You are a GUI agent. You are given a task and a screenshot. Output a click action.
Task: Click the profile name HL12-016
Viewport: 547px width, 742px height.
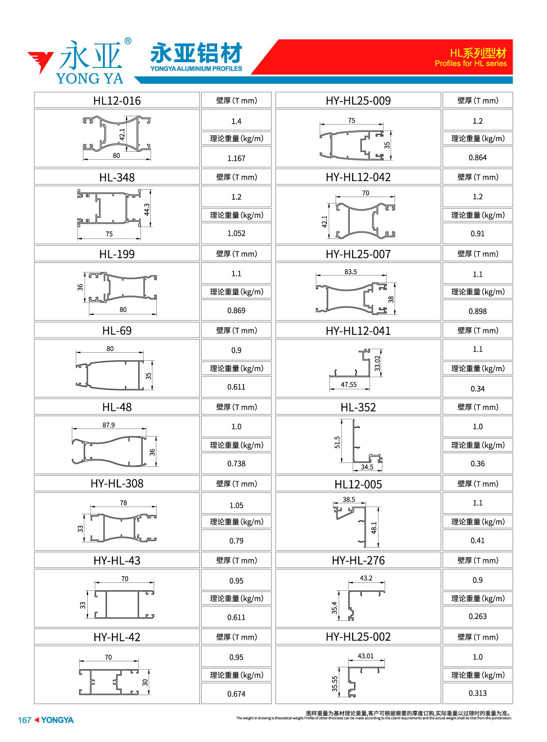[x=117, y=101]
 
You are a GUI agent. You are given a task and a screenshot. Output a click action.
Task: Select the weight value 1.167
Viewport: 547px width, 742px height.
[x=236, y=158]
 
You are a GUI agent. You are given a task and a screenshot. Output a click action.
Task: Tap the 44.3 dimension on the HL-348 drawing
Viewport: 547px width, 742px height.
[x=147, y=209]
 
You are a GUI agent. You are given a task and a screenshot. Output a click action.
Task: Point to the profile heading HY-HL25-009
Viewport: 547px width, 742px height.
[x=358, y=101]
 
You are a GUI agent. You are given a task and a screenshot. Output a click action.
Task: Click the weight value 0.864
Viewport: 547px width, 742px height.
[x=477, y=157]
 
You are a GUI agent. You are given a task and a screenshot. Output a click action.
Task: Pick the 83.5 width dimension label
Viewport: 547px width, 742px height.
[x=351, y=272]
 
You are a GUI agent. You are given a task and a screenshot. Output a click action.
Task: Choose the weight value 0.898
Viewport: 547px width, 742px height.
[x=477, y=311]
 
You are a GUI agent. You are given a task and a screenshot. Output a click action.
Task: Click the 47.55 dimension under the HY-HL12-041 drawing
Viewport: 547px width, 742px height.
[x=348, y=385]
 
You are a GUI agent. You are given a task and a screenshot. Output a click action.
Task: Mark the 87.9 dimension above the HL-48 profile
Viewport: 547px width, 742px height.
[x=108, y=425]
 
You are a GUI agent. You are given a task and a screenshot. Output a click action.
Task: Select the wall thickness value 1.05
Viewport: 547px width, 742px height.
[x=236, y=505]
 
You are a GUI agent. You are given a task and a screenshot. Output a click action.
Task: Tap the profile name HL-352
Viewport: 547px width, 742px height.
[x=358, y=407]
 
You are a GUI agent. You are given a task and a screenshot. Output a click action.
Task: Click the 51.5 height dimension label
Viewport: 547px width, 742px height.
[x=337, y=442]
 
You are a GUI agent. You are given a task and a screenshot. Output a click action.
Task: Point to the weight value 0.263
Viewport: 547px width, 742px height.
[x=477, y=616]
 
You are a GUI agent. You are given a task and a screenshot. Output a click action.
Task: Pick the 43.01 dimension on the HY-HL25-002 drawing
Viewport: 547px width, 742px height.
[x=366, y=656]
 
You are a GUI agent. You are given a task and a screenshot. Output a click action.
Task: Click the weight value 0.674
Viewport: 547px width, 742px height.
[x=236, y=694]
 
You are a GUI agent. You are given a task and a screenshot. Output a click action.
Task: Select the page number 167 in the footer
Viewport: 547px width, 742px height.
[x=24, y=720]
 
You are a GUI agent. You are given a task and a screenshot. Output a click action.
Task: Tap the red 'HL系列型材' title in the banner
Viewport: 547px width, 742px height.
[x=478, y=53]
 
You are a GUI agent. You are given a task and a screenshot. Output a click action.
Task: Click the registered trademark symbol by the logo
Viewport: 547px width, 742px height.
[x=128, y=41]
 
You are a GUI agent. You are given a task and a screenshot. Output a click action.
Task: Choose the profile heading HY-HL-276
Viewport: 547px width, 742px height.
[x=358, y=560]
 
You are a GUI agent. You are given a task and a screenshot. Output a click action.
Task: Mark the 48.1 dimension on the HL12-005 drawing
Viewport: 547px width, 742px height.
[x=374, y=528]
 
